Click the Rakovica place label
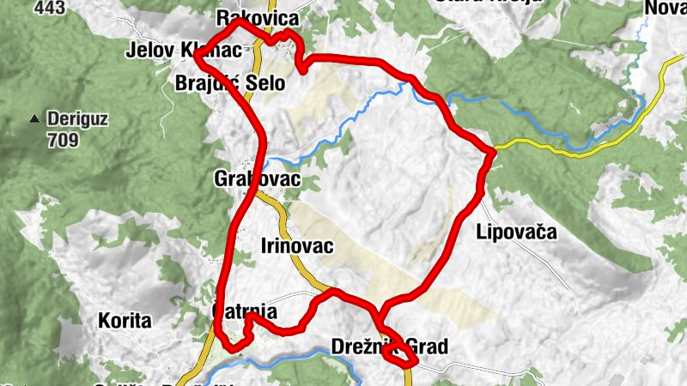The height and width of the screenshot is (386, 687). tap(258, 18)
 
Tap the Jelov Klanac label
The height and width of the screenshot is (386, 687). tap(182, 51)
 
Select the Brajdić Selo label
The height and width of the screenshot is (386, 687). tap(228, 83)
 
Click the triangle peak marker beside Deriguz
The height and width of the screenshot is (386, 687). tap(35, 118)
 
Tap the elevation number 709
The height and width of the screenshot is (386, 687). tap(63, 140)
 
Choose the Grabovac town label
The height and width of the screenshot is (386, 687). tap(257, 179)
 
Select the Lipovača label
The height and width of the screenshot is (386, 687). tap(516, 232)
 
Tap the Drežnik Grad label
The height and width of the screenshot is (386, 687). tap(389, 347)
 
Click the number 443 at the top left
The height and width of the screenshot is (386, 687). tap(50, 7)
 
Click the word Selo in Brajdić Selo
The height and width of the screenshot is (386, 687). tap(262, 83)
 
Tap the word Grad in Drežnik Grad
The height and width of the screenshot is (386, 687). tap(427, 347)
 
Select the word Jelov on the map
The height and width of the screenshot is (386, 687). tap(149, 51)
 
